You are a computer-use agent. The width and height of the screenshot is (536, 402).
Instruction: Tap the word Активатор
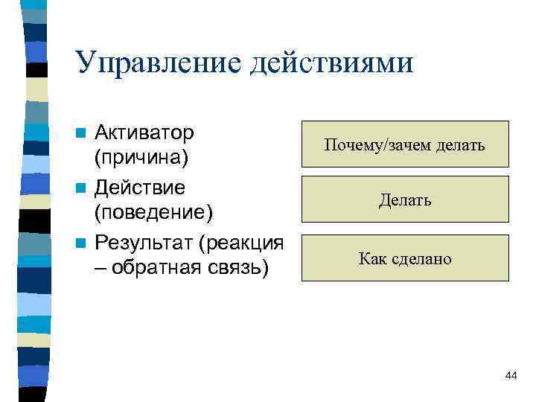(145, 133)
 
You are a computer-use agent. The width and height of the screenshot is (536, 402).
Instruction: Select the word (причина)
(142, 159)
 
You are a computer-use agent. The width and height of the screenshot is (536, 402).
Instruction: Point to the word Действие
(140, 186)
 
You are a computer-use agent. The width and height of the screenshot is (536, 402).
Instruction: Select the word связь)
(239, 267)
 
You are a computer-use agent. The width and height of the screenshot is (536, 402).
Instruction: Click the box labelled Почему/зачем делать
(405, 144)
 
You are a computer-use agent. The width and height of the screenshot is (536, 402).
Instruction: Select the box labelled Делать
(405, 199)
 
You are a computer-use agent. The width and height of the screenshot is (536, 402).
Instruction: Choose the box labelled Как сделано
(405, 258)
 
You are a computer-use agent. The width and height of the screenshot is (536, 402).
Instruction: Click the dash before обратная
(101, 267)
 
